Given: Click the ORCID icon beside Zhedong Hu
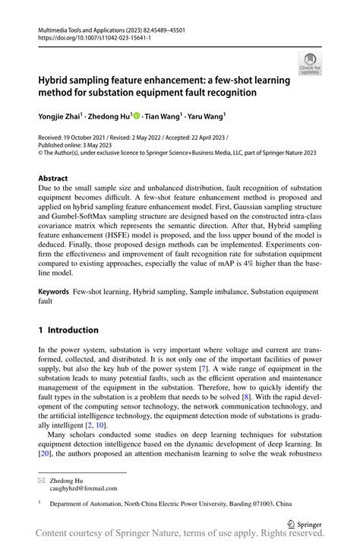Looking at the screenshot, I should [137, 115].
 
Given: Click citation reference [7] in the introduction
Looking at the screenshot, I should [203, 369].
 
